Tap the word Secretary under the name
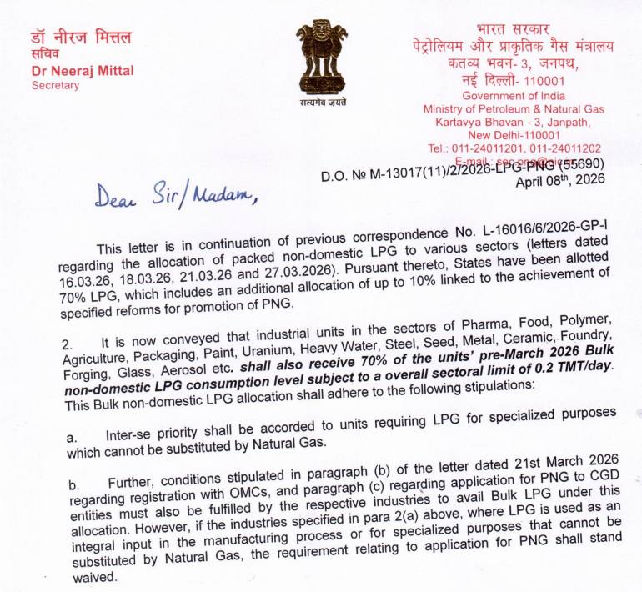pos(55,85)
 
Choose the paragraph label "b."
pos(73,483)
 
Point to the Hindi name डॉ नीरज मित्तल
pos(80,38)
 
